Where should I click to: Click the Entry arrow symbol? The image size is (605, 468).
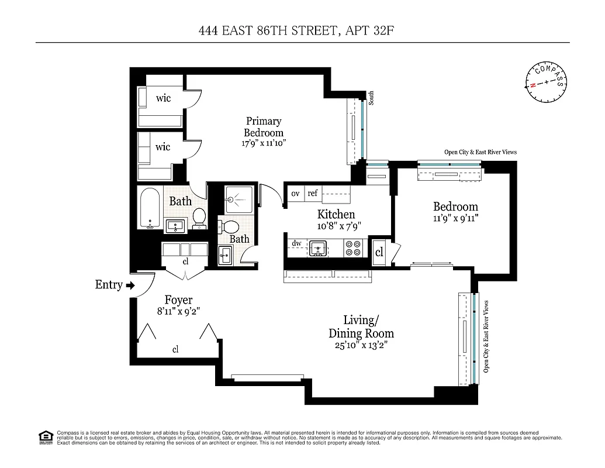(x=130, y=285)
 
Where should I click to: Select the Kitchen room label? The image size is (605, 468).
(x=336, y=214)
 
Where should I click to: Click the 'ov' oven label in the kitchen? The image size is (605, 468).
(x=295, y=194)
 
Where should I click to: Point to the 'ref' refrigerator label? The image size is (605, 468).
(x=313, y=194)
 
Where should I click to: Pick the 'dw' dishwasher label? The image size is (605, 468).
(x=296, y=243)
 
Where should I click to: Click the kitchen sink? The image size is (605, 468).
(x=319, y=249)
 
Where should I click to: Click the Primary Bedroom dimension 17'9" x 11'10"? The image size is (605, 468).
(x=264, y=143)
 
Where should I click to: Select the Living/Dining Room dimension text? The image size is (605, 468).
(x=360, y=345)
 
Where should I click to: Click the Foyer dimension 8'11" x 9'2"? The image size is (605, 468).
(x=178, y=312)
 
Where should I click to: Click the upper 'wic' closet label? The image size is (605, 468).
(x=164, y=98)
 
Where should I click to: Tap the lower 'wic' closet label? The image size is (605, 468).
(x=163, y=147)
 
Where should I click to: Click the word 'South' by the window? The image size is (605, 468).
(x=371, y=98)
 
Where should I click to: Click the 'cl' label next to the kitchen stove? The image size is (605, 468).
(x=379, y=252)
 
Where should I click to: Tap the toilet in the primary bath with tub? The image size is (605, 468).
(x=199, y=217)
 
